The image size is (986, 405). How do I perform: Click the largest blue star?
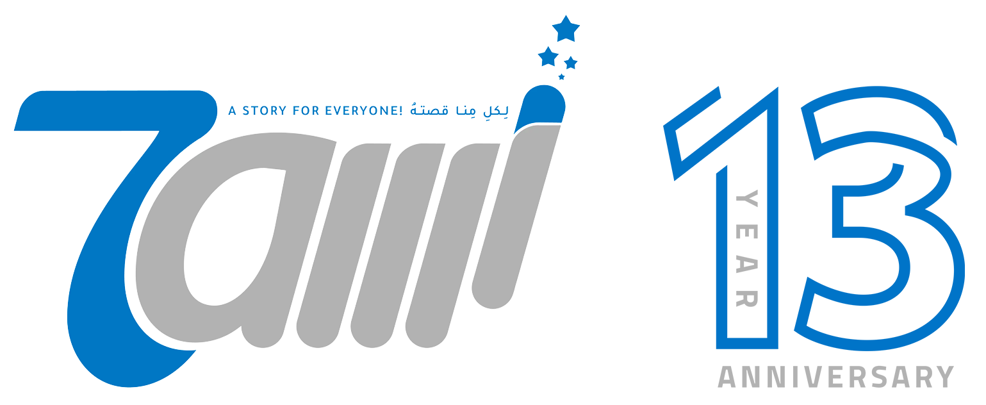pos(566,29)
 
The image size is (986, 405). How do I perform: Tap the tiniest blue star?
pos(561,77)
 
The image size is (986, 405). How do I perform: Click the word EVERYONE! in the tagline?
pos(364,110)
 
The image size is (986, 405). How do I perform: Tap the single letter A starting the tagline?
pos(233,110)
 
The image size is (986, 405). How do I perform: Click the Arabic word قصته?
pos(429,109)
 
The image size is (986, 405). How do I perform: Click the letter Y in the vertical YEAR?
pos(747,198)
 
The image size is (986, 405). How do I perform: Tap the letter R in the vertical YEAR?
pos(747,299)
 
